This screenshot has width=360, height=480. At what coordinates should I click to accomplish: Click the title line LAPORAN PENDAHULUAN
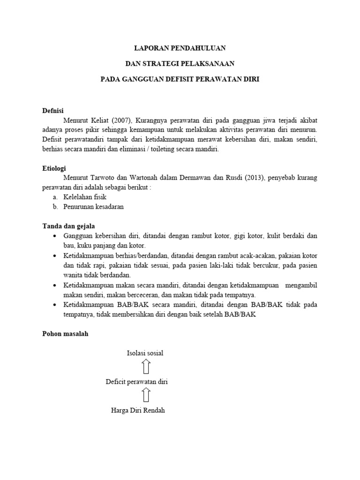click(x=180, y=48)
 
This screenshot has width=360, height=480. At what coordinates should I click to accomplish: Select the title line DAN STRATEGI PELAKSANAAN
click(x=180, y=64)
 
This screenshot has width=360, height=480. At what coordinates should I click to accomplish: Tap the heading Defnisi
click(x=53, y=111)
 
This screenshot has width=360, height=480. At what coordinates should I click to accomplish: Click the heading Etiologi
click(x=54, y=168)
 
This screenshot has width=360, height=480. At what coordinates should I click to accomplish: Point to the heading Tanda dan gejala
click(x=69, y=226)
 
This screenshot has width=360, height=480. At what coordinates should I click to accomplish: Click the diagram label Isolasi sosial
click(x=145, y=353)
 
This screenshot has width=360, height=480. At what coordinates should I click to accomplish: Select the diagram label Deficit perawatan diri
click(x=137, y=382)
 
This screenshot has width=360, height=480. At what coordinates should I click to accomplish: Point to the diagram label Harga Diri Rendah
click(x=138, y=411)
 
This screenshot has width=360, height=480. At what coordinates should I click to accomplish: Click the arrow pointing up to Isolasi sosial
click(x=145, y=367)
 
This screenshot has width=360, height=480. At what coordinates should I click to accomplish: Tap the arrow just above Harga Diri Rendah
click(x=145, y=396)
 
